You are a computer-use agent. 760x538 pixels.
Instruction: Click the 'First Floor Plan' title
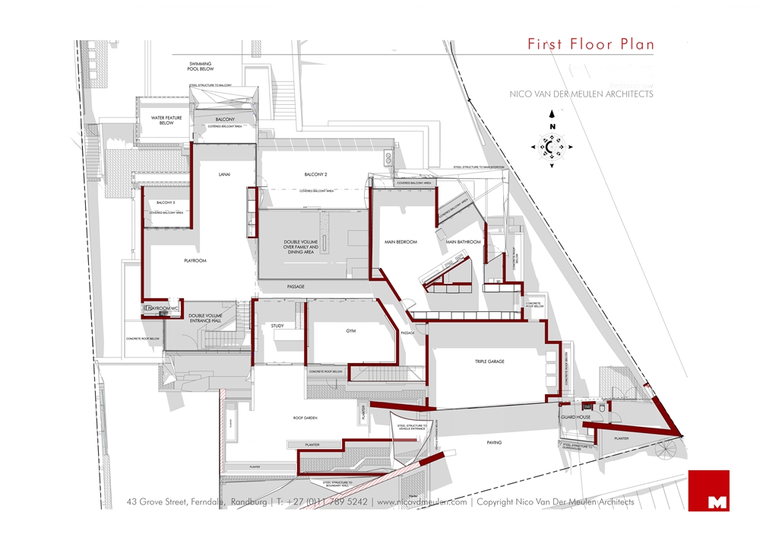tap(591, 44)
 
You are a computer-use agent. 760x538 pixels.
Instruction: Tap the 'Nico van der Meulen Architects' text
tap(581, 94)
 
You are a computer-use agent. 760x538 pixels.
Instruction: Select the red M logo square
tap(708, 491)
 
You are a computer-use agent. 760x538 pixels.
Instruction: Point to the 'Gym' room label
tap(350, 332)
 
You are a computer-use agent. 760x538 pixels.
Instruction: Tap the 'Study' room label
tap(277, 326)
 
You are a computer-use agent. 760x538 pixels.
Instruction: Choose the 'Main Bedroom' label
tap(401, 242)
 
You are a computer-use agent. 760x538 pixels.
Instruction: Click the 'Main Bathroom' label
tap(464, 242)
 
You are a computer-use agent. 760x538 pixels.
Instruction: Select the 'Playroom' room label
tap(195, 260)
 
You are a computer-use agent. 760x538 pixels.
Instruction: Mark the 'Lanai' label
tap(224, 175)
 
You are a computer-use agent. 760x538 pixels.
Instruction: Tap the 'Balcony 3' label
tap(166, 203)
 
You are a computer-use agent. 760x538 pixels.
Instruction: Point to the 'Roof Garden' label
tap(309, 419)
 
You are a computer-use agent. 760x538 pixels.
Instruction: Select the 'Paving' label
tap(496, 441)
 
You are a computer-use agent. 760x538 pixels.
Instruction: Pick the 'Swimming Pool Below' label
tap(201, 66)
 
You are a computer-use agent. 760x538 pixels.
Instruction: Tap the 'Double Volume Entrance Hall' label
tap(205, 318)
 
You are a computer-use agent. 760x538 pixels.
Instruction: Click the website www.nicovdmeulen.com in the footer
tap(422, 502)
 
